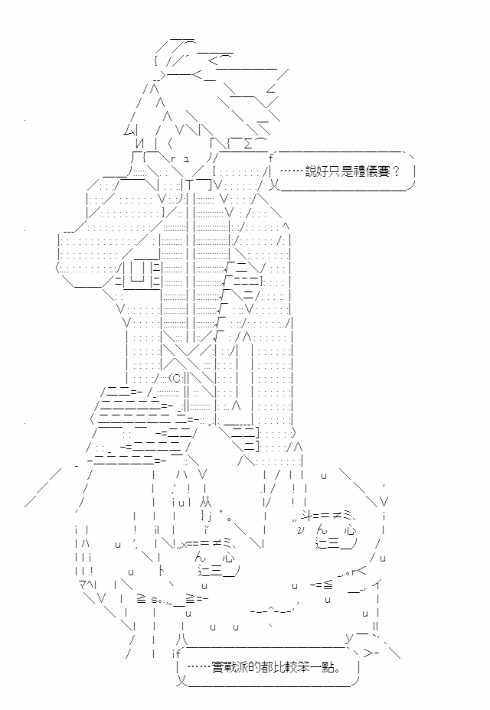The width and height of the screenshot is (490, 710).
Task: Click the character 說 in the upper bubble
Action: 311,171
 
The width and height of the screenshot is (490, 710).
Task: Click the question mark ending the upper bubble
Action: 395,171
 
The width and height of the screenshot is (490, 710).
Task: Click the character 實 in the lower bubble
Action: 217,667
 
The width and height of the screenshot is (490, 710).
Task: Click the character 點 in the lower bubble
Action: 328,667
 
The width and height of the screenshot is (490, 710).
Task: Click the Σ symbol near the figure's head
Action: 248,144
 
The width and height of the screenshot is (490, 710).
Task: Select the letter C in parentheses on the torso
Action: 177,377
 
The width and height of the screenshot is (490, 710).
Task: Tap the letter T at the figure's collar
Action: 189,184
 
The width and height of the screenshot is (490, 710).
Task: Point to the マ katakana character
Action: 83,584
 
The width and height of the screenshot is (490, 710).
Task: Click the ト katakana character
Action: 162,572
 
